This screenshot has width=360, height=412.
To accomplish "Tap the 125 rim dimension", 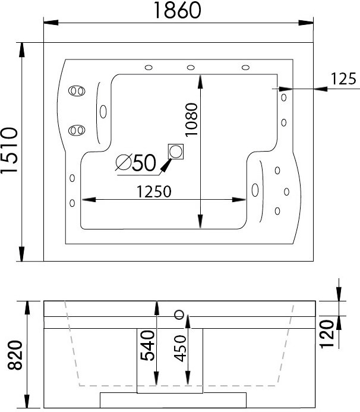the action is tap(343, 78).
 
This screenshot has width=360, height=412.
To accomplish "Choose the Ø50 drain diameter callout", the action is tap(135, 162).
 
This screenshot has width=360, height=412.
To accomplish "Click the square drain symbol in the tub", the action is tap(176, 151).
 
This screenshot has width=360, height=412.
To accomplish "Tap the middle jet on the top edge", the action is tap(192, 67).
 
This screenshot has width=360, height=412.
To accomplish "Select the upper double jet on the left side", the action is tap(75, 91).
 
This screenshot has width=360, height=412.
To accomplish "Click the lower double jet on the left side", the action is tap(75, 130).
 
